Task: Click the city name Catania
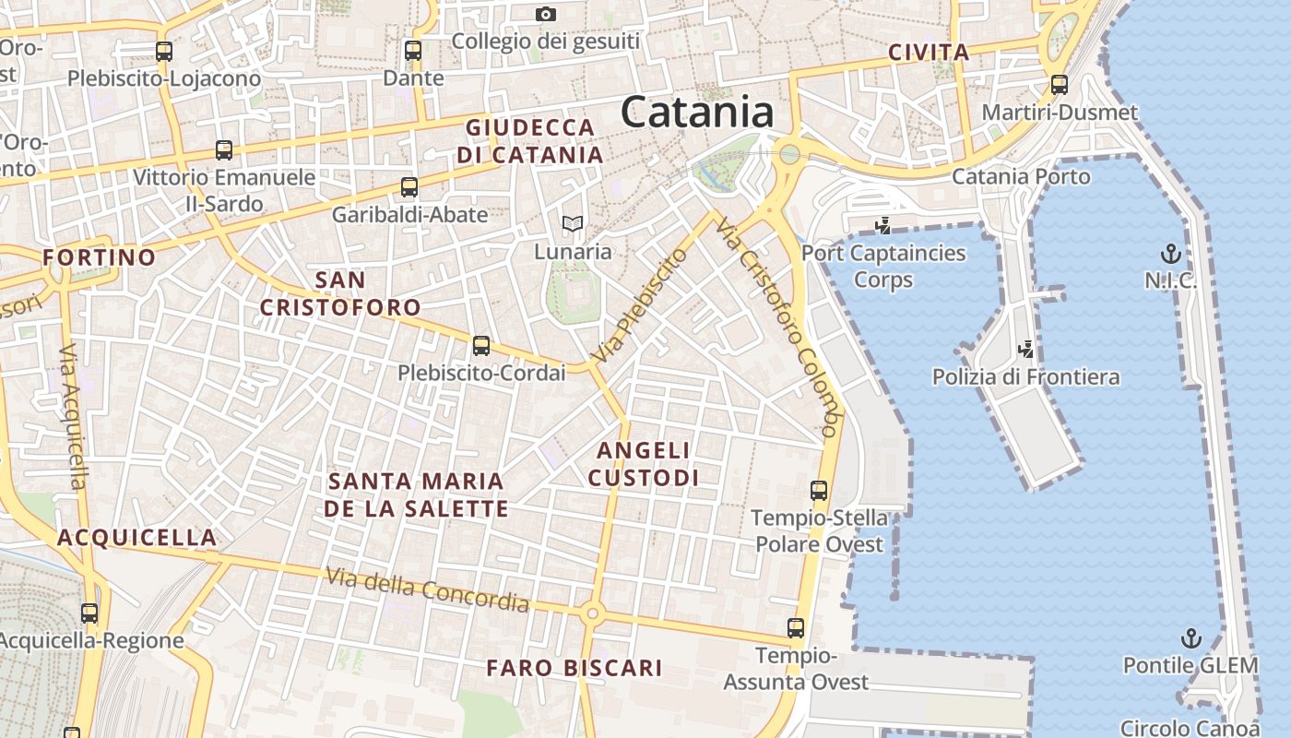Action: coord(697,113)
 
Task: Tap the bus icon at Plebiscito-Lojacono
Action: coord(164,52)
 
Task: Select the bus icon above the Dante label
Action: coord(413,51)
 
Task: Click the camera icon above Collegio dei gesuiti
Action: coord(546,14)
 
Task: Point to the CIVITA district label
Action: coord(929,54)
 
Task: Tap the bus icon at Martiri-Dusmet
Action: coord(1060,85)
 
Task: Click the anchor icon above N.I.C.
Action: coord(1170,253)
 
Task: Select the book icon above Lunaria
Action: coord(573,223)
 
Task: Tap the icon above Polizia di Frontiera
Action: coord(1025,349)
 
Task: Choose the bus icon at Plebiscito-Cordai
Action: coord(481,346)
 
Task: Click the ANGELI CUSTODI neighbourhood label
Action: coord(644,464)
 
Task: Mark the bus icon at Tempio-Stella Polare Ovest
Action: coord(819,491)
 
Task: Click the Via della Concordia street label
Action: coord(428,591)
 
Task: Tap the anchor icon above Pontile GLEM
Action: coord(1191,637)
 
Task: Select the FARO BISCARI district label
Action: coord(574,668)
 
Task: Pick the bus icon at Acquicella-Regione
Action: coord(89,613)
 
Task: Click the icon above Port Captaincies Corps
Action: coord(883,225)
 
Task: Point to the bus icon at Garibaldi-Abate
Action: coord(409,187)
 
